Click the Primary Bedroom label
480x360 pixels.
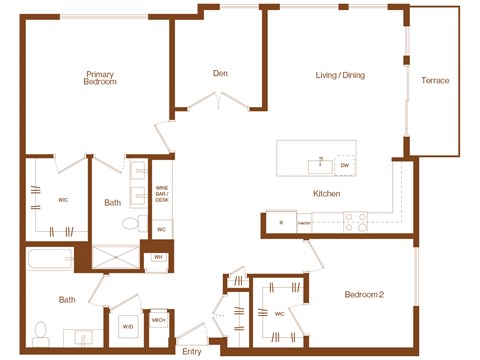click(x=100, y=78)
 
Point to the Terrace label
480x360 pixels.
click(x=435, y=80)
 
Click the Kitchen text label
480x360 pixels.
click(x=326, y=193)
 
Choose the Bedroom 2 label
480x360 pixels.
click(x=365, y=295)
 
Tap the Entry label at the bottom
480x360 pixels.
click(x=192, y=351)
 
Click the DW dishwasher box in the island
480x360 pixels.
click(x=344, y=164)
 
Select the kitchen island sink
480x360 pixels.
click(x=319, y=160)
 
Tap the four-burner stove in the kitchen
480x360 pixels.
click(x=355, y=221)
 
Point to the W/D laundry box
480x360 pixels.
click(x=128, y=325)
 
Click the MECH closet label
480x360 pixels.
click(x=158, y=321)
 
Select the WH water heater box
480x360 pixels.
click(x=158, y=257)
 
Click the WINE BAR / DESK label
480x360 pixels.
click(x=161, y=194)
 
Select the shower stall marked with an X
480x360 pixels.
click(x=118, y=258)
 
